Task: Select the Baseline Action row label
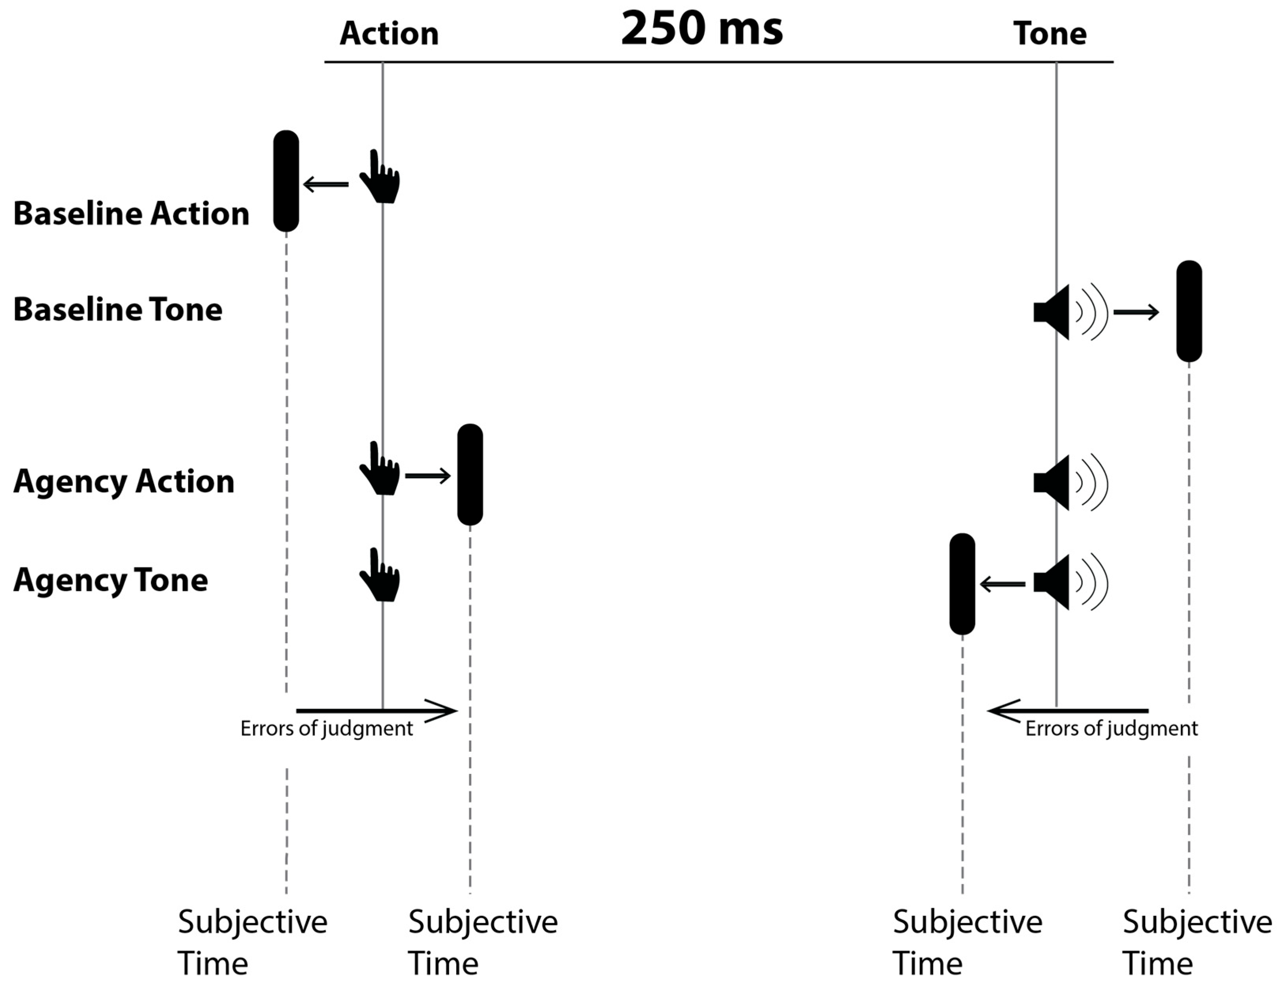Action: [x=131, y=213]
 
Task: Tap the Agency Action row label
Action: [x=124, y=481]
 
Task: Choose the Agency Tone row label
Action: [x=111, y=580]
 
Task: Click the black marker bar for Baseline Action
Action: [x=286, y=181]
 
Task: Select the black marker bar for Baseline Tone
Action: [x=1189, y=311]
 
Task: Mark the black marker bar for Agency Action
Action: [x=470, y=475]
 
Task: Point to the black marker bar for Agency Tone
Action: [x=962, y=584]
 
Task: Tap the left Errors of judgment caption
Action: [x=327, y=728]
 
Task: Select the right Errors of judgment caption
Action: [x=1111, y=728]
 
